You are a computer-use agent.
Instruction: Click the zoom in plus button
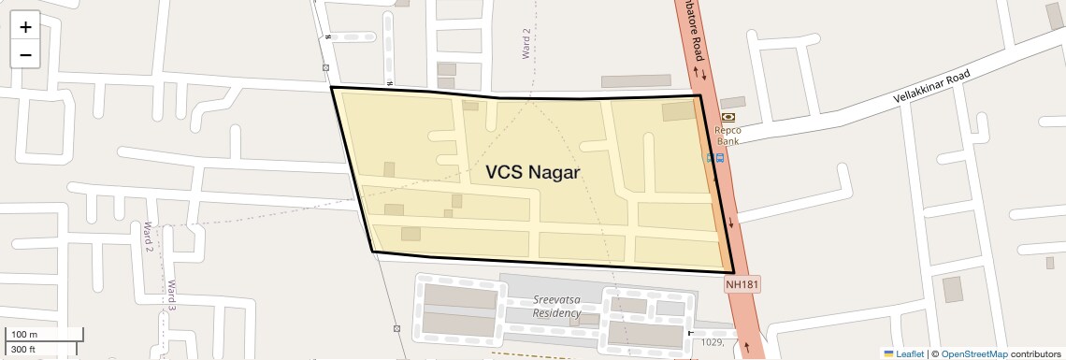(x=25, y=27)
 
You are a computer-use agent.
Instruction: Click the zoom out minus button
(x=25, y=55)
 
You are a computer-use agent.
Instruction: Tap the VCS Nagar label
(x=533, y=173)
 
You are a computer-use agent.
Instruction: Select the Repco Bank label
(x=727, y=136)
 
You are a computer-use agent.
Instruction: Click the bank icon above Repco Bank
(x=727, y=117)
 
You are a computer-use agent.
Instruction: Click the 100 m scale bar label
(x=24, y=334)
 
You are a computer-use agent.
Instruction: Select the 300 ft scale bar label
(x=23, y=350)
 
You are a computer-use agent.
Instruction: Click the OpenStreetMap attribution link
(x=973, y=353)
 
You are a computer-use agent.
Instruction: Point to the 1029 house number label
(x=713, y=342)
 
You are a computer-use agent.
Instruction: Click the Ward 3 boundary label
(x=172, y=295)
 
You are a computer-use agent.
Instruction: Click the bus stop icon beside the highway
(x=715, y=158)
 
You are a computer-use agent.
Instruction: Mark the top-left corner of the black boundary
(x=332, y=88)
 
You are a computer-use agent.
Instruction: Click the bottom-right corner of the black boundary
(x=734, y=272)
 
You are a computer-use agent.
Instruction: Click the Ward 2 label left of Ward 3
(x=148, y=237)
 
